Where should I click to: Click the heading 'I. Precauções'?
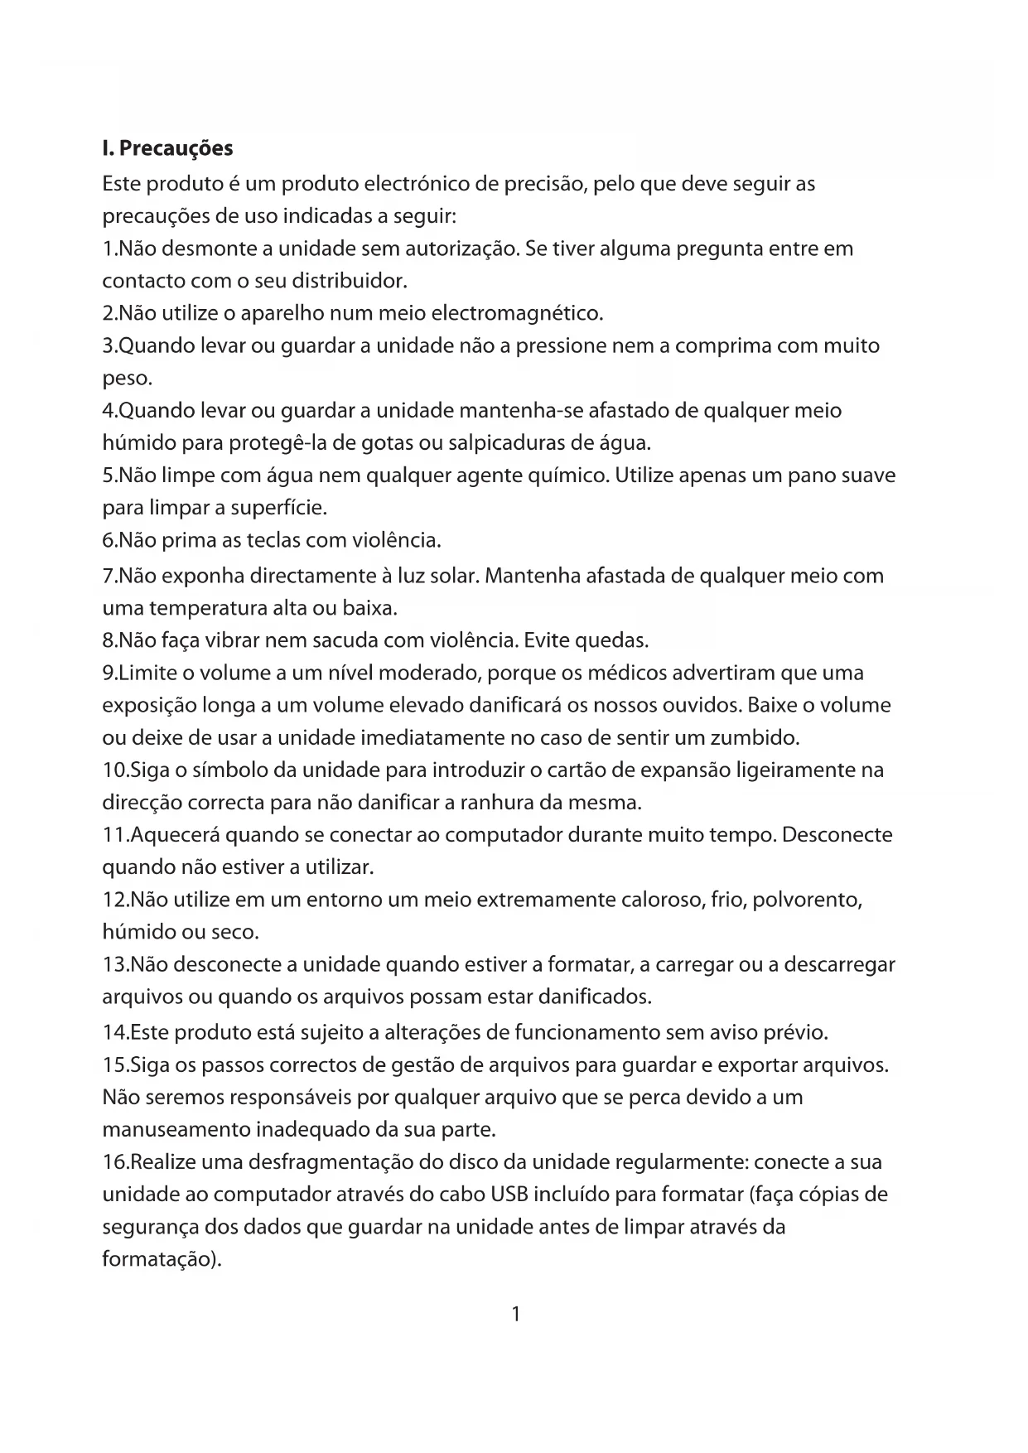point(167,149)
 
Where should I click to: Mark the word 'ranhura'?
point(496,803)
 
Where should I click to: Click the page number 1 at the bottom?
point(515,1314)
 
